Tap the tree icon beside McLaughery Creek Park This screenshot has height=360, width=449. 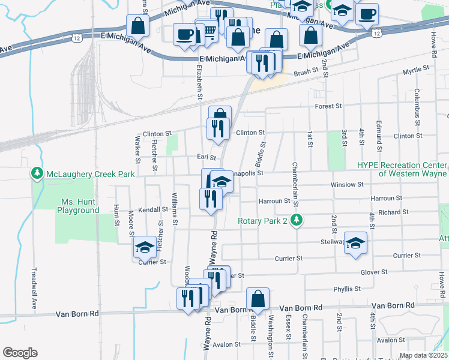tap(37, 174)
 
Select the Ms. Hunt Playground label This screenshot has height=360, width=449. tap(78, 206)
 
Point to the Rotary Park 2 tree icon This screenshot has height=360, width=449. tap(295, 220)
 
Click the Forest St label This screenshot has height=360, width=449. tap(329, 106)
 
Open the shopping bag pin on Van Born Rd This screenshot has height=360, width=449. tap(258, 299)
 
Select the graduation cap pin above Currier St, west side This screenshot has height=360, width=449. tap(145, 247)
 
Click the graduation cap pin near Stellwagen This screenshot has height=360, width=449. tap(355, 243)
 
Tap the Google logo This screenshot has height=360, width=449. tap(20, 353)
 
